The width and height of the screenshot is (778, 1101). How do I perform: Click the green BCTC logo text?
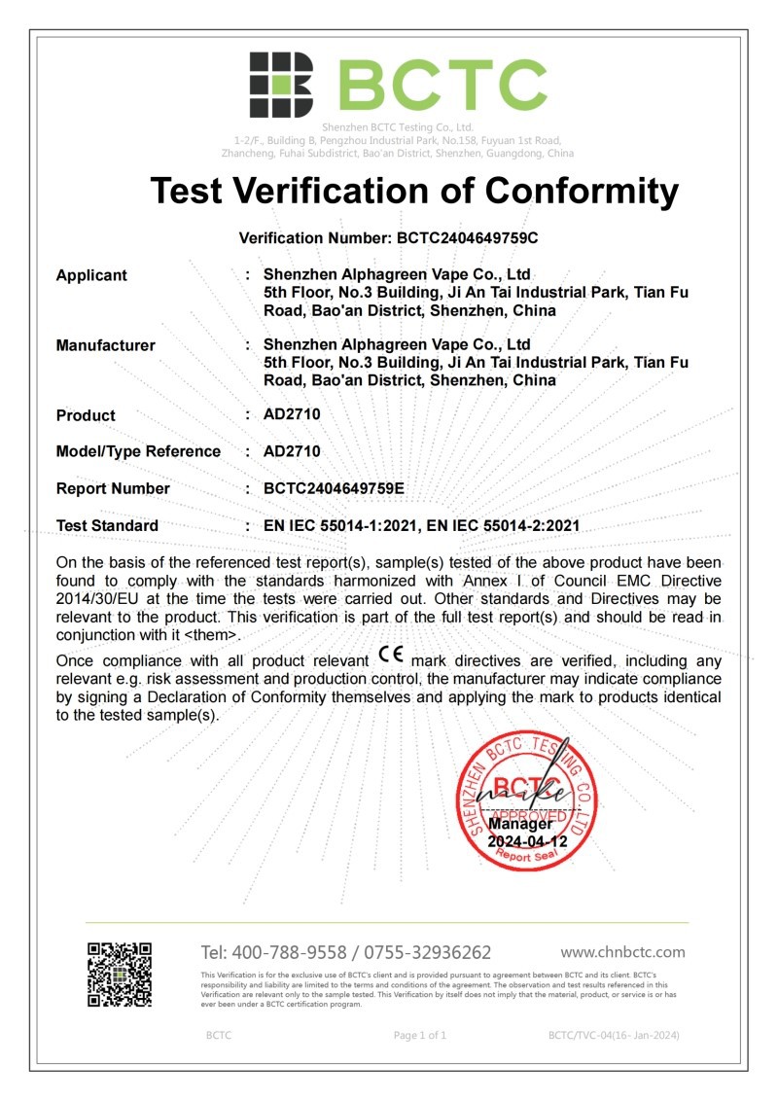pyautogui.click(x=442, y=86)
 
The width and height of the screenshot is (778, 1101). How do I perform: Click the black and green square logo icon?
pyautogui.click(x=281, y=86)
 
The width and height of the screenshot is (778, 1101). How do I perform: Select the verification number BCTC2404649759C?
pyautogui.click(x=465, y=237)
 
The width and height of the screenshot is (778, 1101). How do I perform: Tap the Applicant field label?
pyautogui.click(x=91, y=275)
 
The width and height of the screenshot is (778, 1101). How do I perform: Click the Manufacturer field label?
pyautogui.click(x=105, y=345)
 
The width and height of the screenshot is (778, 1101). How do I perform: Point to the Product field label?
pyautogui.click(x=86, y=415)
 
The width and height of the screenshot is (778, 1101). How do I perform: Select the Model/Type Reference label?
pyautogui.click(x=138, y=451)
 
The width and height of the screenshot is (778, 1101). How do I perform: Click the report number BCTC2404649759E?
pyautogui.click(x=334, y=488)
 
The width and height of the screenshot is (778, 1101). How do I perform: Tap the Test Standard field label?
pyautogui.click(x=107, y=525)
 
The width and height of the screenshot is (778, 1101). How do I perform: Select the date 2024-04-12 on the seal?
pyautogui.click(x=527, y=841)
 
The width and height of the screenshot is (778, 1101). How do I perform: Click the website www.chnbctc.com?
pyautogui.click(x=622, y=952)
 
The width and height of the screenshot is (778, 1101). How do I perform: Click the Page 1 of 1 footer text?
pyautogui.click(x=420, y=1035)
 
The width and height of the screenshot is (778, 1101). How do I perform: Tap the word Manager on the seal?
pyautogui.click(x=527, y=824)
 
